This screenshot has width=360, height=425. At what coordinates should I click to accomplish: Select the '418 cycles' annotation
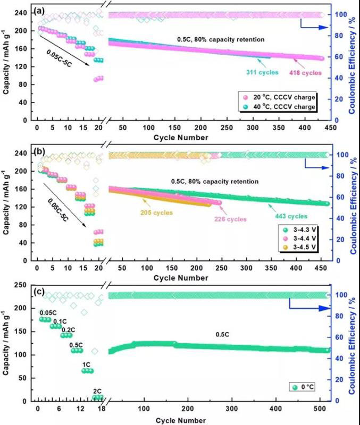pos(305,73)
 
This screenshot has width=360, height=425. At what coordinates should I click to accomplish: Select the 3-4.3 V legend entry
pos(303,229)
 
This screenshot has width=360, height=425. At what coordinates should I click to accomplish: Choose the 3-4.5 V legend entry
pos(303,248)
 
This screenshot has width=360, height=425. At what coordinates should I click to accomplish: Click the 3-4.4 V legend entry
pos(303,239)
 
